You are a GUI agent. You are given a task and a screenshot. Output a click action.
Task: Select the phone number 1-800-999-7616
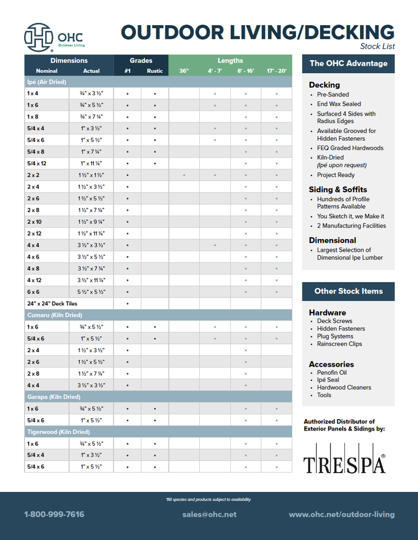point(54,515)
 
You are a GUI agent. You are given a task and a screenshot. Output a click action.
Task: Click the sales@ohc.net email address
point(209,515)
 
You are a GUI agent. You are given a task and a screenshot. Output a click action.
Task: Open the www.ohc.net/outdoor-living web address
point(342,515)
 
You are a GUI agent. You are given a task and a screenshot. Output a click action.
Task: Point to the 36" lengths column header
point(184,71)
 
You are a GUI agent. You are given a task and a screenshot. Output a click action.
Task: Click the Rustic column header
point(155,71)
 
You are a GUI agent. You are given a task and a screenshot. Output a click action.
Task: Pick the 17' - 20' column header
point(276,71)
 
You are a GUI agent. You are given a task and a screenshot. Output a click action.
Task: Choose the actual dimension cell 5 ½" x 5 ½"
point(92,292)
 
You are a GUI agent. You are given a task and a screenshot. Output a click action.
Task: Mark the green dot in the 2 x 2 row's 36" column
point(184,175)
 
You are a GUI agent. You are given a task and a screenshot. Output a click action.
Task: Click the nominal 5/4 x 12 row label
point(38,164)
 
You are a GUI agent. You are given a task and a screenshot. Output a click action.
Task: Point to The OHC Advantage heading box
point(348,63)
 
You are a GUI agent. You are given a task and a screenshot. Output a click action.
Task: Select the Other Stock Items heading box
point(348,291)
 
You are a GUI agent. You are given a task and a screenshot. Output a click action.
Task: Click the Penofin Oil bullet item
point(332,373)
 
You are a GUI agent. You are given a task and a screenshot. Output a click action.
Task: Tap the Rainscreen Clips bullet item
point(339,344)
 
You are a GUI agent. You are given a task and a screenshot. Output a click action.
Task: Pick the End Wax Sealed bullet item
point(338,104)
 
